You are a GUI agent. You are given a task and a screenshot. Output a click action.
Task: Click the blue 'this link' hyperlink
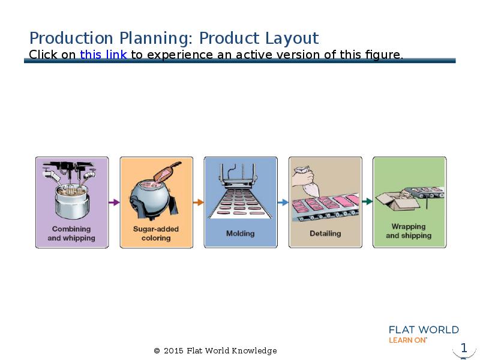tap(103, 55)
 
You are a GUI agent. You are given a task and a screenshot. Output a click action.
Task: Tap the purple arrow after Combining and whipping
tap(114, 202)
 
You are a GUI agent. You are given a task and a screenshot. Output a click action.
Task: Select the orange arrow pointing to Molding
tap(199, 202)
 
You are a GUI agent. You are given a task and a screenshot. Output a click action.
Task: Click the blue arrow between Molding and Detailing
tap(283, 202)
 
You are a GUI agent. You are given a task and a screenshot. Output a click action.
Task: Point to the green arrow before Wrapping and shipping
tap(367, 202)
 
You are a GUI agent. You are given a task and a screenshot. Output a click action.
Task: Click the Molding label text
tap(241, 233)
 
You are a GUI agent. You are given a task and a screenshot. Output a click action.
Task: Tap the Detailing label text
tap(325, 233)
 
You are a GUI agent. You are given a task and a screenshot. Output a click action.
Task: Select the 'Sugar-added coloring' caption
tap(156, 233)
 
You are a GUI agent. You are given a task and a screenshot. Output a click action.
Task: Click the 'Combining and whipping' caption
tap(71, 233)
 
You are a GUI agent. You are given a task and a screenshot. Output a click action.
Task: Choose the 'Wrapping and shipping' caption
tap(409, 231)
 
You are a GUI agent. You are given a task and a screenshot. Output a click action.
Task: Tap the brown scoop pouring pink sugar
tap(167, 172)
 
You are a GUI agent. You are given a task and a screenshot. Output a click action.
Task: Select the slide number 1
tap(464, 348)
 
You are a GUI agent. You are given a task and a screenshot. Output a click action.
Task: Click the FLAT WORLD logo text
tap(424, 329)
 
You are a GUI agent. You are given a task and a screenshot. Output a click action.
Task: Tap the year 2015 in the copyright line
tap(173, 351)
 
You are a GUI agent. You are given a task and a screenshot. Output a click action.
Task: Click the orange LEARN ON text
tap(407, 340)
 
